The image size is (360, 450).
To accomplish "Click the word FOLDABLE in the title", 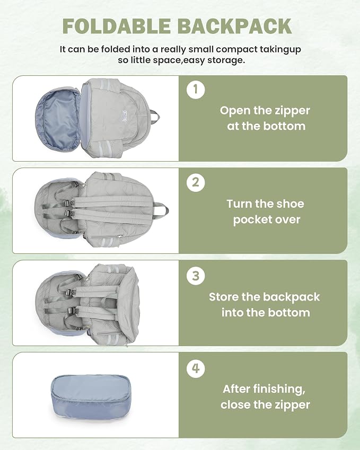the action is pyautogui.click(x=117, y=27).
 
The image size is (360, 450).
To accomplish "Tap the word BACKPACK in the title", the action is pyautogui.click(x=234, y=27).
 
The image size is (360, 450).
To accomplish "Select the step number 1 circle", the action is pyautogui.click(x=196, y=90).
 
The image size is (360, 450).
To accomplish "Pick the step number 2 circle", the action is pyautogui.click(x=196, y=182).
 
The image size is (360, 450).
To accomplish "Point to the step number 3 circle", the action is pyautogui.click(x=196, y=276).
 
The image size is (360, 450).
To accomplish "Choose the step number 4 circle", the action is pyautogui.click(x=196, y=368).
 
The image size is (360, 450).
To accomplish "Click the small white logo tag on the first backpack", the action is pyautogui.click(x=125, y=117).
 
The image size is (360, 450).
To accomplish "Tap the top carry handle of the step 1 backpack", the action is pyautogui.click(x=155, y=116).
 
